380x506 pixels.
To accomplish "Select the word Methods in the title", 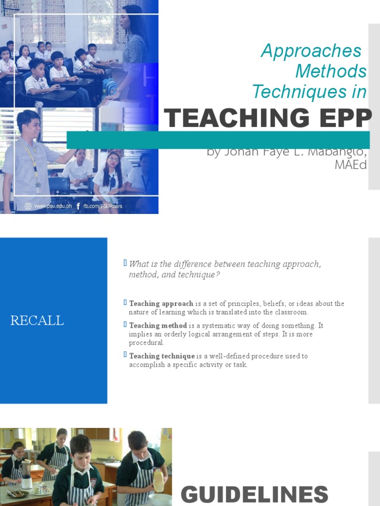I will click(x=331, y=71).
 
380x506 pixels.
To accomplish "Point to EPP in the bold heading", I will click(x=346, y=119).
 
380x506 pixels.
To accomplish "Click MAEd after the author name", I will click(x=350, y=165).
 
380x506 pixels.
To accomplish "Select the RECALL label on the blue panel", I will click(x=37, y=321).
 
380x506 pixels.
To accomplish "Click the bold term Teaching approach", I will click(x=161, y=303).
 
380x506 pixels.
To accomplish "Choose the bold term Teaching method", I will click(x=158, y=326).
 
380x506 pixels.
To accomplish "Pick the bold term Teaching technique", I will click(x=162, y=356).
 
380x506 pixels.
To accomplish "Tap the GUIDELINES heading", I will click(x=254, y=494).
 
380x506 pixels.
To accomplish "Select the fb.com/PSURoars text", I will click(x=103, y=206).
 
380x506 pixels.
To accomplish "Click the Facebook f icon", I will click(x=78, y=206).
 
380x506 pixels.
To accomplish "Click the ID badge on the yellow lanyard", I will click(x=38, y=188).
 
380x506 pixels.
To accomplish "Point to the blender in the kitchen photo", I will click(x=26, y=474).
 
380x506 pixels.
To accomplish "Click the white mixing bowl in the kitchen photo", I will click(x=159, y=500).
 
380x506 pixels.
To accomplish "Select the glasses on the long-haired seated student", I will click(x=113, y=160).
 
